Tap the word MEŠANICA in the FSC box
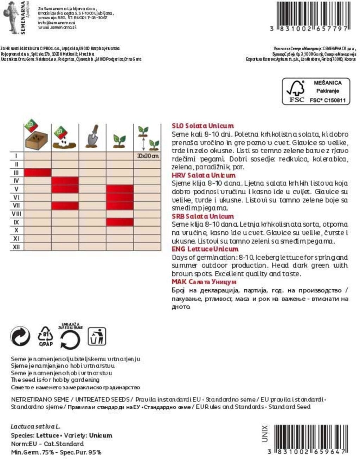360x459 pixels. (x=327, y=83)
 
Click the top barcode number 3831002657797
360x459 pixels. (x=309, y=28)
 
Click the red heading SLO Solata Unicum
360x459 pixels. (x=202, y=126)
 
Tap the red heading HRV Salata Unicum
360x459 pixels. (x=204, y=175)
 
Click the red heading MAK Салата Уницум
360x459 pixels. (x=204, y=282)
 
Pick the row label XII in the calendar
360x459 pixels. (x=16, y=247)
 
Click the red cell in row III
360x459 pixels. (x=38, y=173)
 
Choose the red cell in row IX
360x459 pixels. (x=120, y=222)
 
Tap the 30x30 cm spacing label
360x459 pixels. (x=148, y=156)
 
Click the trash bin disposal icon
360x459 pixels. (x=96, y=336)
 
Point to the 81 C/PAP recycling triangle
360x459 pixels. (x=46, y=336)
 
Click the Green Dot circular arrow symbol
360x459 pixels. (x=20, y=336)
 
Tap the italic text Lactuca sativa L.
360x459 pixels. (x=36, y=427)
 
